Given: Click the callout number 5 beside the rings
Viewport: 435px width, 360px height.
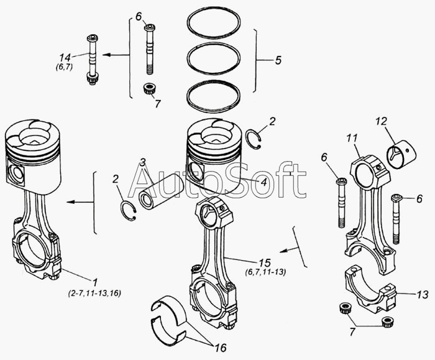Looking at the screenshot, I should tap(278, 61).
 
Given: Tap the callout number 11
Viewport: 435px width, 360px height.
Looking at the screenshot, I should tap(352, 138).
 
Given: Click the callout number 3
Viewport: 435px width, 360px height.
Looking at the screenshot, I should tap(142, 163).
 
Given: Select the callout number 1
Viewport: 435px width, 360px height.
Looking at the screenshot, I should tap(95, 281).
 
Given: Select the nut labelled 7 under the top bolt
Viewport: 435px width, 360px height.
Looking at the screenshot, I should tap(149, 89).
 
